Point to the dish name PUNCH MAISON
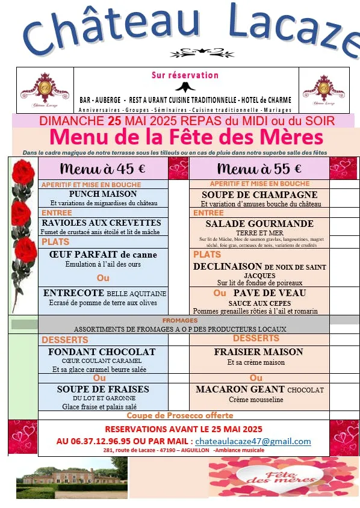tap(103, 194)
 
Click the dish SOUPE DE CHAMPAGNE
tap(259, 195)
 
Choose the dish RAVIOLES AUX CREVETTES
tap(101, 223)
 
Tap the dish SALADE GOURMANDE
tap(259, 223)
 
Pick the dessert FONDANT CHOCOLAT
tap(102, 352)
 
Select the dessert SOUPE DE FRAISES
tap(103, 389)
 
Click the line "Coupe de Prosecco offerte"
tap(180, 415)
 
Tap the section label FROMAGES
tap(180, 321)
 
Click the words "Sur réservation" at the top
tap(185, 75)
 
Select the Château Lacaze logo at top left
tap(44, 89)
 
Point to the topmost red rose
tap(24, 172)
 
